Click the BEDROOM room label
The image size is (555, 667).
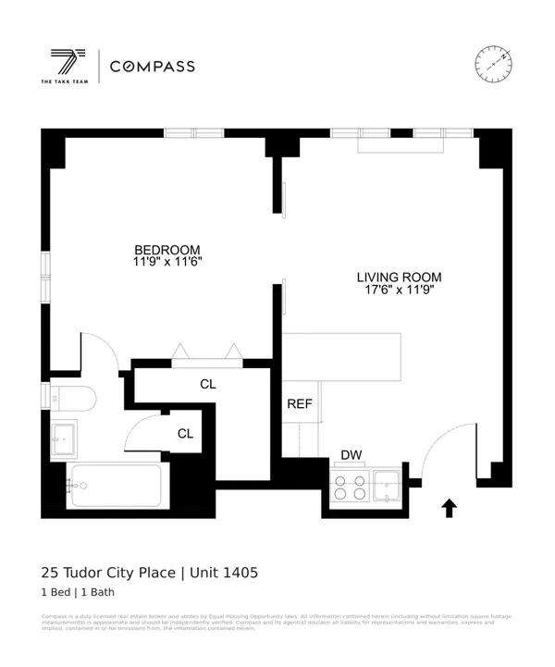click(167, 250)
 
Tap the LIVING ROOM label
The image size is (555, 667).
click(399, 277)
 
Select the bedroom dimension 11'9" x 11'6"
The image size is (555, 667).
click(167, 263)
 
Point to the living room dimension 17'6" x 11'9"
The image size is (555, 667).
click(399, 290)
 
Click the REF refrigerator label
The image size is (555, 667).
click(299, 403)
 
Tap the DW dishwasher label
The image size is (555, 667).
click(351, 454)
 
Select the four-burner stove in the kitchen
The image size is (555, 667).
click(350, 486)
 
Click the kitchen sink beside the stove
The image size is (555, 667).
click(385, 484)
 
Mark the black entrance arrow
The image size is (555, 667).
click(450, 507)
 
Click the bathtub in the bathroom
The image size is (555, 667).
click(115, 486)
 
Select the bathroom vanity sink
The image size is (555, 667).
click(65, 437)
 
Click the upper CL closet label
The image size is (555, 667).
click(208, 383)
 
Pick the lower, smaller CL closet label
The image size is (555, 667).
click(186, 433)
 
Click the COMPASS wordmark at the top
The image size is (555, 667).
click(153, 66)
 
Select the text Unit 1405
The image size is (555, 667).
click(225, 573)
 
